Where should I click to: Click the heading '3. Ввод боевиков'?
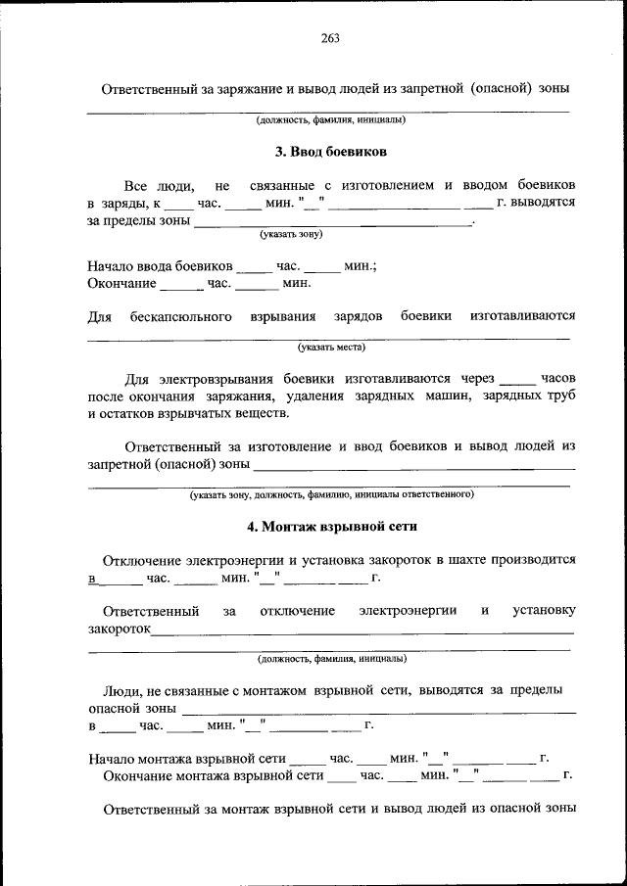[x=331, y=153]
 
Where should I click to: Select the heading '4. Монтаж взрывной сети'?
[x=332, y=526]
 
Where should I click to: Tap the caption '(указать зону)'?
[x=291, y=235]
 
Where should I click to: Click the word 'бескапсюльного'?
[x=180, y=316]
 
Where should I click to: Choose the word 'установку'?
[x=544, y=611]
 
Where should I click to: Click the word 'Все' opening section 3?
[x=136, y=185]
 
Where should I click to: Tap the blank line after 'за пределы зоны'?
[x=333, y=223]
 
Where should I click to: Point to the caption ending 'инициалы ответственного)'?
[x=331, y=495]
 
